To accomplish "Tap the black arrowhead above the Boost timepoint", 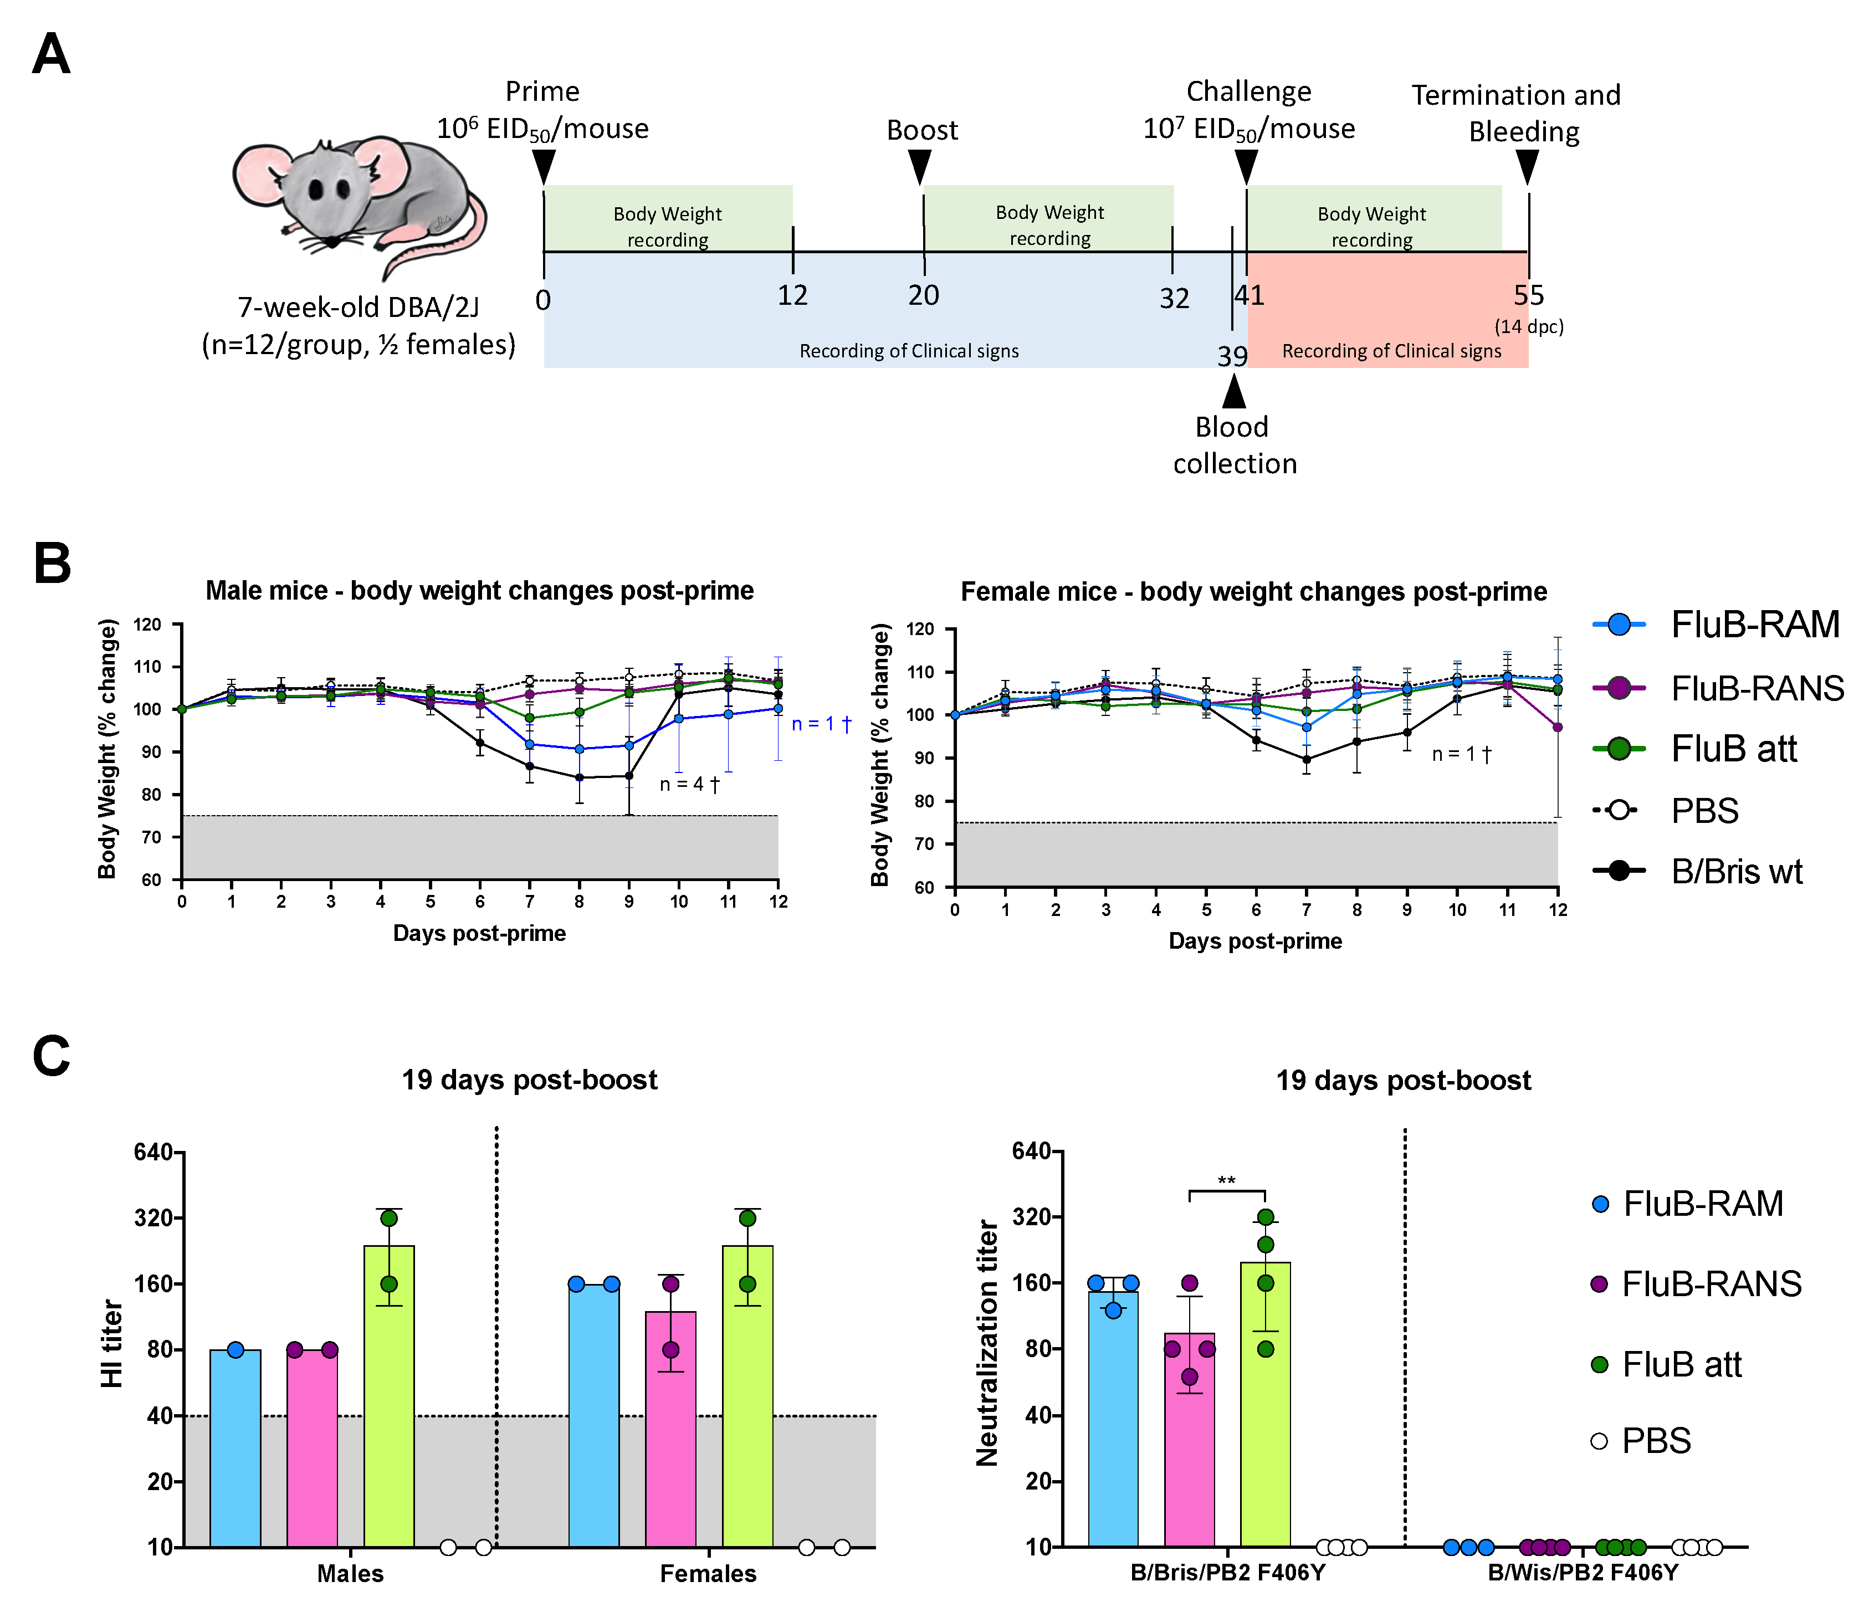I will pos(919,166).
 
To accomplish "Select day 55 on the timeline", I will pos(1528,295).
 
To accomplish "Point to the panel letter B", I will pos(52,564).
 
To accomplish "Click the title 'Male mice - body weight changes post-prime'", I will pos(479,591).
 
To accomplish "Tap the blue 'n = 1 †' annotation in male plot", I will pos(821,724).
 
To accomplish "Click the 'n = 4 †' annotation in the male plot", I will pos(690,785).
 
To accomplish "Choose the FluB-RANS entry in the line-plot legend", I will pos(1756,688).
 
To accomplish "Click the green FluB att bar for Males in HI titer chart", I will pos(388,1394).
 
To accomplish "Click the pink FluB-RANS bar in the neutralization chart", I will pos(1189,1439).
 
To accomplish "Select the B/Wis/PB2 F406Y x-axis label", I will pos(1583,1573).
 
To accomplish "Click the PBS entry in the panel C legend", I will pos(1655,1441).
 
